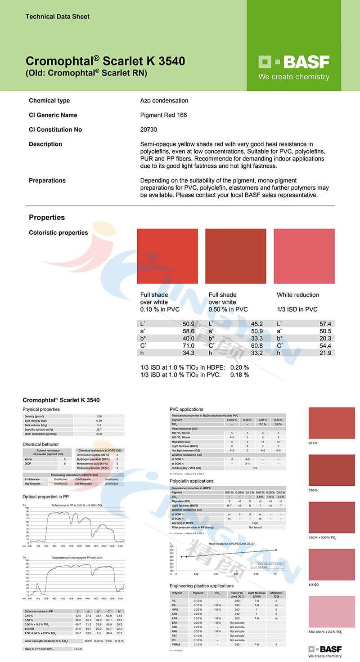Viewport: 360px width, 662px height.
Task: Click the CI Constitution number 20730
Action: click(x=149, y=130)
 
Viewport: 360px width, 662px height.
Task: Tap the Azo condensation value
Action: click(x=164, y=101)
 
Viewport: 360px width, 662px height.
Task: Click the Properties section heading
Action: click(x=47, y=218)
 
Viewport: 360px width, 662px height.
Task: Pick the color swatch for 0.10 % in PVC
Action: click(x=167, y=256)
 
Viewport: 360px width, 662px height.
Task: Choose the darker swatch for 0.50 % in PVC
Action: click(x=235, y=256)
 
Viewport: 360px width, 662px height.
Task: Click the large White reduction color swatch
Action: click(x=304, y=256)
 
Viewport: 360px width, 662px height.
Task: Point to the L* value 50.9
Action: click(x=188, y=324)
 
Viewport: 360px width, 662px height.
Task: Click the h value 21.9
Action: click(x=325, y=353)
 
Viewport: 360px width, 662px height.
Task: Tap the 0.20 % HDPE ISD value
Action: click(x=239, y=367)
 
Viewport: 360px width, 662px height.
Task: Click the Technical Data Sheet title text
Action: click(x=58, y=17)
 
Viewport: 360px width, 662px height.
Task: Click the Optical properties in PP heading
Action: click(x=45, y=497)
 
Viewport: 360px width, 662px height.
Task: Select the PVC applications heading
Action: click(x=186, y=409)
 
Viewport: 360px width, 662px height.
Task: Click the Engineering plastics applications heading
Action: click(x=202, y=586)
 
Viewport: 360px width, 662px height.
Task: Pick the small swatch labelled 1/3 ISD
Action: click(x=332, y=564)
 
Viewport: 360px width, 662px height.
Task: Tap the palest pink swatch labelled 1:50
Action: click(x=332, y=611)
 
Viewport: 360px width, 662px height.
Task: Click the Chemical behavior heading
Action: click(x=40, y=444)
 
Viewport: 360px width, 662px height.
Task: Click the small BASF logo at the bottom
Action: click(x=325, y=651)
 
